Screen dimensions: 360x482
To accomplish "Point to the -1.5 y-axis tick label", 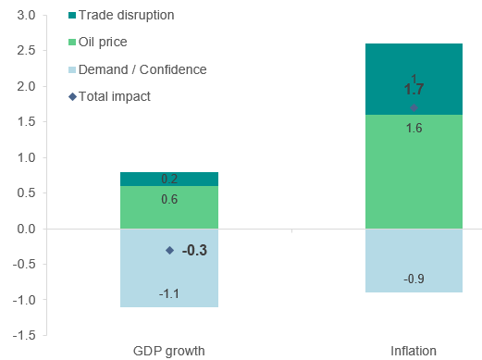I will pyautogui.click(x=23, y=336).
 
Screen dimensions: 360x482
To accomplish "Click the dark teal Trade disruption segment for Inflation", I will pyautogui.click(x=414, y=65).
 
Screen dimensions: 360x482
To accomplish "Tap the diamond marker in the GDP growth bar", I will pyautogui.click(x=169, y=250).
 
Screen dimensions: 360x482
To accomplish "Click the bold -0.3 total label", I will pyautogui.click(x=194, y=250).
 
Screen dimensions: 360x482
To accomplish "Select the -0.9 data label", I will pyautogui.click(x=414, y=279).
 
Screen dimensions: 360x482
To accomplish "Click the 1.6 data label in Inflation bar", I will pyautogui.click(x=414, y=128).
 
